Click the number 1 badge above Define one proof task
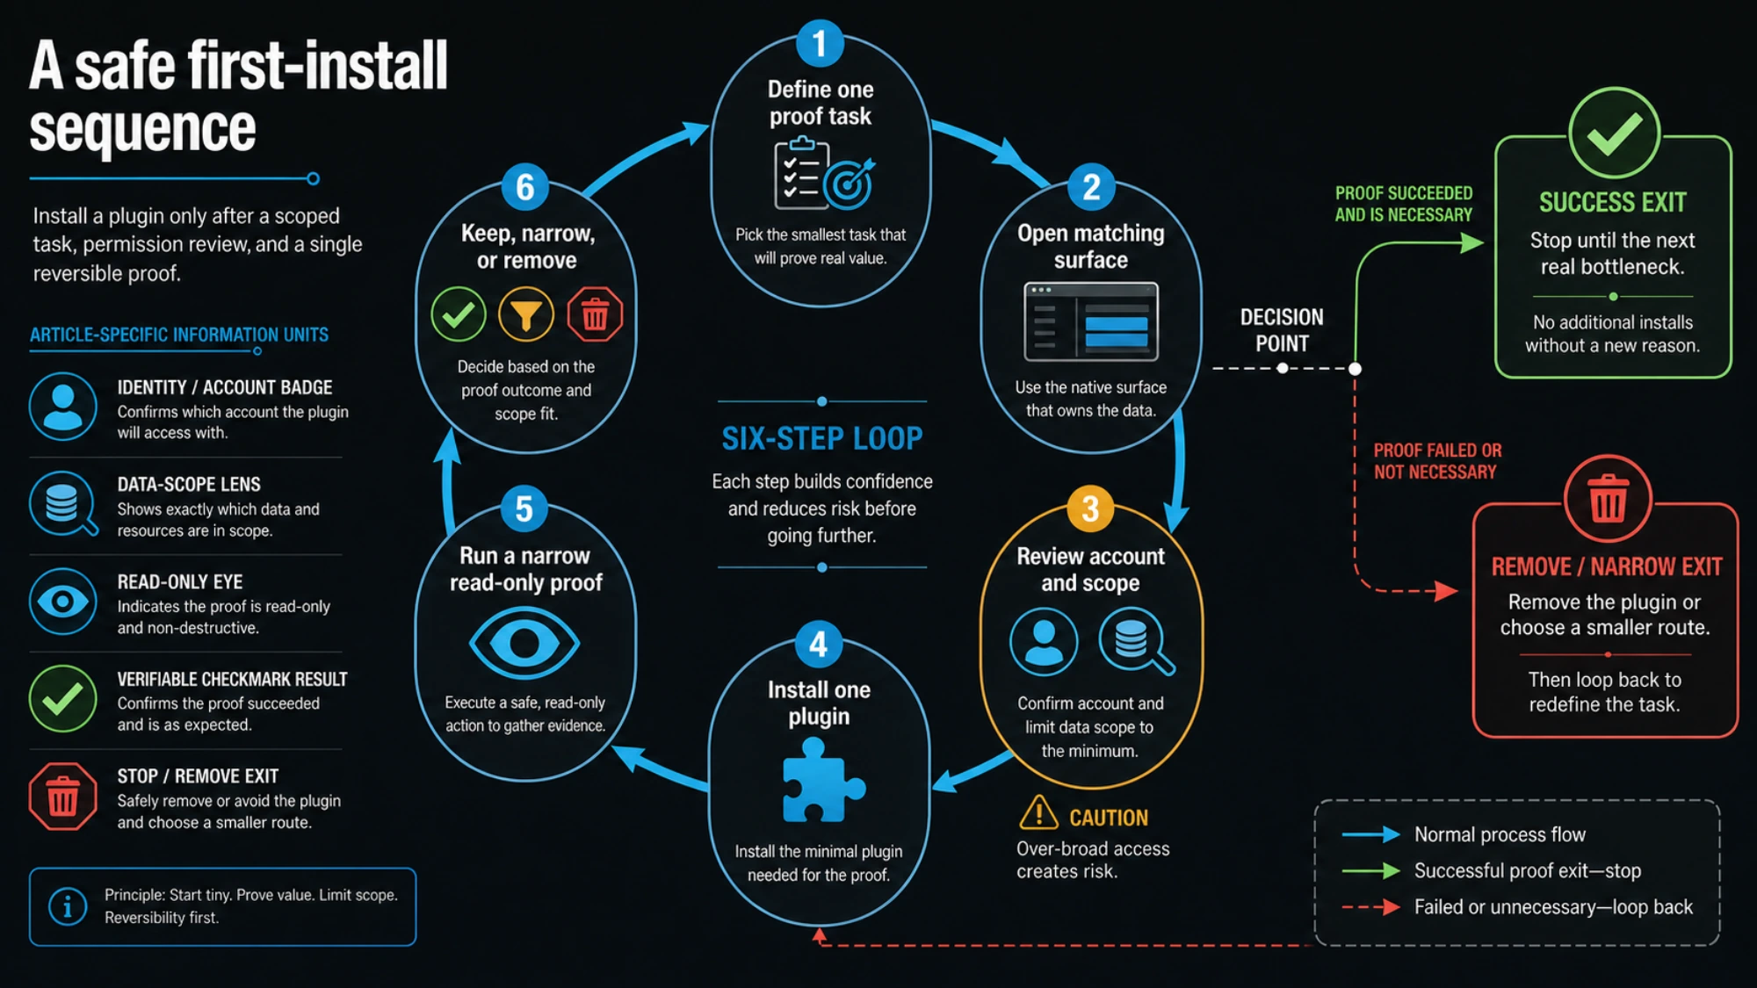tap(820, 43)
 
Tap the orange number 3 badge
tap(1090, 508)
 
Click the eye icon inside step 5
tap(524, 644)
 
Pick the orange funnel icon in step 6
tap(526, 314)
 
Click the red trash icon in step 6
tap(595, 314)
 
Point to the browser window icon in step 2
tap(1091, 321)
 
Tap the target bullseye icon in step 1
tap(848, 184)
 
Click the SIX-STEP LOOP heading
tap(822, 438)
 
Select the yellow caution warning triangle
tap(1038, 813)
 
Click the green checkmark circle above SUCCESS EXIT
tap(1614, 133)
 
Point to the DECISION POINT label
tap(1282, 330)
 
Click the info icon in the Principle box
tap(68, 906)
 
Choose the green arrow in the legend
tap(1371, 871)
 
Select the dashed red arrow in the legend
tap(1371, 907)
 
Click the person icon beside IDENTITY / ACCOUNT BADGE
tap(62, 407)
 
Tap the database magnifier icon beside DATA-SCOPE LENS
tap(63, 504)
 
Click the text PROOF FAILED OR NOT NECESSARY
tap(1437, 461)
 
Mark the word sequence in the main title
tap(142, 129)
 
